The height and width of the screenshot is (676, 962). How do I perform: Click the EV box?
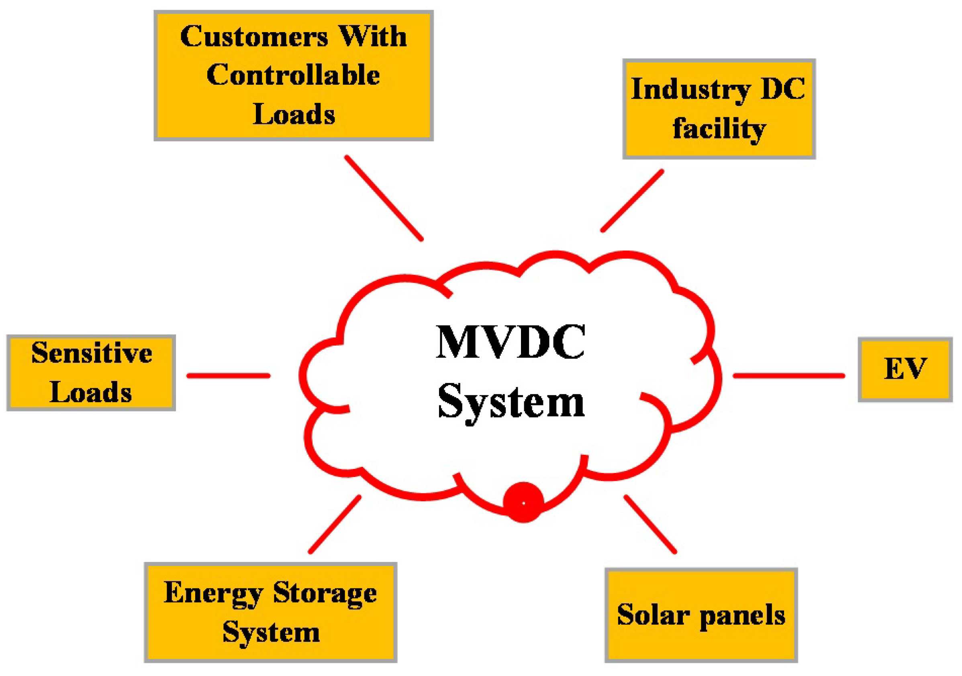tap(905, 369)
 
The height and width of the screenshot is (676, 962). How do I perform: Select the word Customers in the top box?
tap(254, 37)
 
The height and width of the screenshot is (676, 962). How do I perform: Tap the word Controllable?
tap(293, 75)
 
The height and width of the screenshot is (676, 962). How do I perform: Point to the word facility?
tap(719, 128)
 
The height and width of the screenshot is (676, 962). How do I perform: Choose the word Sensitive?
tap(91, 353)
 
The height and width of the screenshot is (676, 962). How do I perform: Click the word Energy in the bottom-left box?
tap(213, 593)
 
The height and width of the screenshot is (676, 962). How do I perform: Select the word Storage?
tap(325, 593)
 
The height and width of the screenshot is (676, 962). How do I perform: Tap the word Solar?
tap(653, 615)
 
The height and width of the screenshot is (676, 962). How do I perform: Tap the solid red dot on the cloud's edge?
tap(523, 503)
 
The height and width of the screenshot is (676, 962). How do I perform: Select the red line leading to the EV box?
tap(788, 376)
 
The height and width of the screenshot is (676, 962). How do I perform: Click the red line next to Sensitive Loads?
tap(228, 376)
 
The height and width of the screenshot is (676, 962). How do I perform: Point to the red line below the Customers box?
tap(384, 198)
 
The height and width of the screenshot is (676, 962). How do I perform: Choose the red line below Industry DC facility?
tap(632, 201)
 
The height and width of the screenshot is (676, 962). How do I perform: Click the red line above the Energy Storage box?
tap(334, 524)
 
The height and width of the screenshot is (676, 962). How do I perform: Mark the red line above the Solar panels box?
tap(650, 524)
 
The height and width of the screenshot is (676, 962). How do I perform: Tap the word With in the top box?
tap(372, 37)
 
